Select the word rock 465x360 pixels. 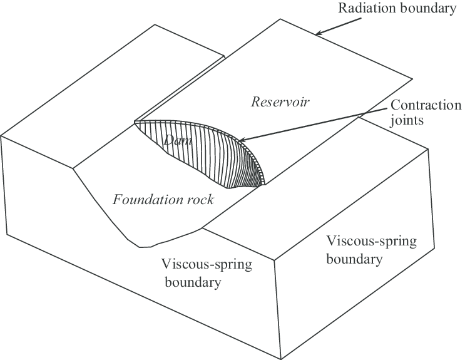[x=200, y=200]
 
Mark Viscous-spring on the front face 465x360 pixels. [x=206, y=264]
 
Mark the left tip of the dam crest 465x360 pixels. [x=134, y=122]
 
